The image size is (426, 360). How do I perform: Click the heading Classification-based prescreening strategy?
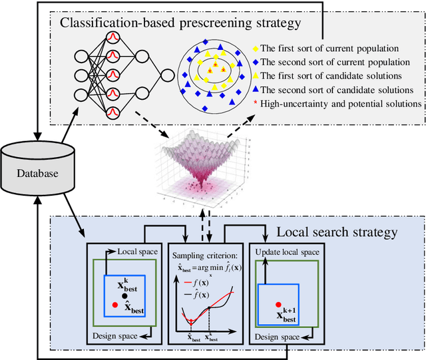(x=180, y=23)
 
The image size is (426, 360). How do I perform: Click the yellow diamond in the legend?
(x=256, y=49)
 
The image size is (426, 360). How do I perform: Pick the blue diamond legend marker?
(x=256, y=63)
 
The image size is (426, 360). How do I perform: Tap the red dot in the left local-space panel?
(x=115, y=305)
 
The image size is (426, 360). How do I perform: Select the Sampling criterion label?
(x=204, y=255)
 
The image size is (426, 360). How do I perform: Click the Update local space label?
(x=288, y=252)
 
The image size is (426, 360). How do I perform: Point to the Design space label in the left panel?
(x=115, y=335)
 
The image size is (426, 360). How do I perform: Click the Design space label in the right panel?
(x=276, y=336)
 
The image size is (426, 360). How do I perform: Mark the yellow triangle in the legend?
(x=256, y=76)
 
